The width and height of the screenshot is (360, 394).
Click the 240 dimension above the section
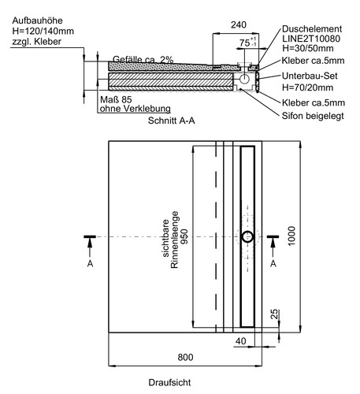[239, 25]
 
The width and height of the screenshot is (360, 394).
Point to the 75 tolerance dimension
[247, 43]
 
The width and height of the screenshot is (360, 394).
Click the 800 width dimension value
[185, 357]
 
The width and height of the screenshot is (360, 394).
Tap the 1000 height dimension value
[291, 236]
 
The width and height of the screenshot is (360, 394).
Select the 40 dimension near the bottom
[241, 341]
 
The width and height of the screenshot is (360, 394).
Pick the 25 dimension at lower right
[274, 314]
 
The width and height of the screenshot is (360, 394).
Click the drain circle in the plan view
[247, 236]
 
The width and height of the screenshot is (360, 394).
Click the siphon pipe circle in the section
[245, 79]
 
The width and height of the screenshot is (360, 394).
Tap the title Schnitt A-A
[171, 121]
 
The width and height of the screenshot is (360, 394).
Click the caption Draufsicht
[169, 382]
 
